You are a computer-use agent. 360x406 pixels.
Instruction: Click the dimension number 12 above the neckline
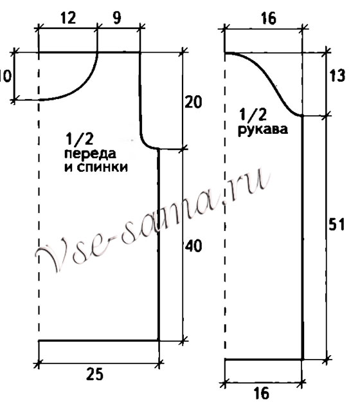click(69, 18)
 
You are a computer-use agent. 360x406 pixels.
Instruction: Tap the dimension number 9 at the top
click(117, 18)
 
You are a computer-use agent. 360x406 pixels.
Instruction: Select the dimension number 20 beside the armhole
click(194, 102)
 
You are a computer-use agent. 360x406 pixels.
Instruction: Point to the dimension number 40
click(194, 246)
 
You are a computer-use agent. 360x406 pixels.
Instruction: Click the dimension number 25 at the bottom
click(94, 374)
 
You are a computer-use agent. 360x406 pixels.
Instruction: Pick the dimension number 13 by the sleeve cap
click(337, 76)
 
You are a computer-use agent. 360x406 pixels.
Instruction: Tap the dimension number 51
click(337, 224)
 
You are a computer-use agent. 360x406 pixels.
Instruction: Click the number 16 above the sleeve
click(269, 19)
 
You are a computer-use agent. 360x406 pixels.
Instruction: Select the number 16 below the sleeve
click(261, 393)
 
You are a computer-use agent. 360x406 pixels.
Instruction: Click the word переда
click(90, 154)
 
